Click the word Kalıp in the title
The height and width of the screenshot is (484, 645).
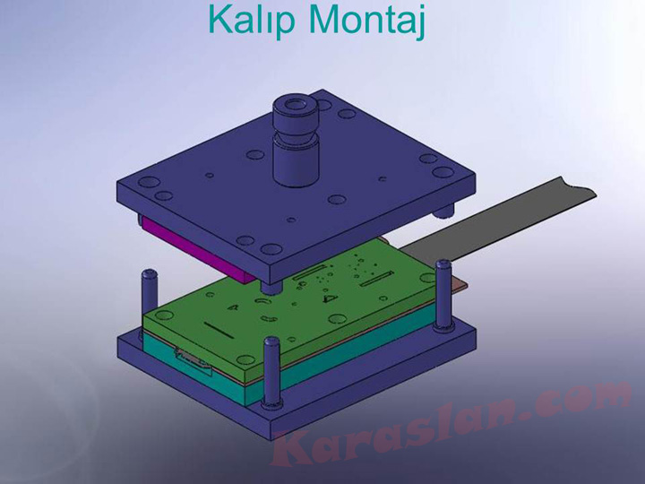point(252,21)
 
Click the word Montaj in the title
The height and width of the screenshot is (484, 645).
point(366,21)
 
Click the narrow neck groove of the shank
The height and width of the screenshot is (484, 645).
point(296,134)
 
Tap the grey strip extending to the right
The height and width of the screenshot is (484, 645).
point(498,220)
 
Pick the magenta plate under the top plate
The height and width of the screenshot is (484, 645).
point(197,249)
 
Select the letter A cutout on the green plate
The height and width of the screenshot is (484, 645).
point(233,307)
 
